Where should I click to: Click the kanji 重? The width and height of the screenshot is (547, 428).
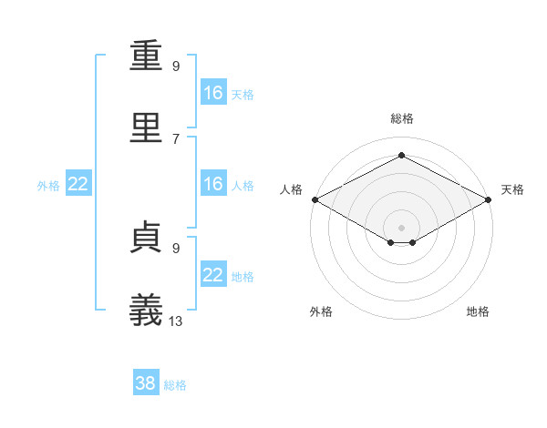(x=149, y=56)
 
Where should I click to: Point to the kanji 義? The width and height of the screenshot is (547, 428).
(x=149, y=308)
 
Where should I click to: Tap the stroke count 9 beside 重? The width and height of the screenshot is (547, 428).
(x=176, y=66)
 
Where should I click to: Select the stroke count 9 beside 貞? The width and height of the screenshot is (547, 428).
(x=176, y=247)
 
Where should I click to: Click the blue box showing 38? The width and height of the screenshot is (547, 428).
(x=146, y=383)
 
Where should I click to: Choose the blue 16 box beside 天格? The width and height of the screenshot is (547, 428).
(x=212, y=93)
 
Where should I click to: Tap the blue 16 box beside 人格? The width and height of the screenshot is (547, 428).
(x=212, y=184)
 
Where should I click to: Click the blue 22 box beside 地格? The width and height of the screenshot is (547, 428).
(x=212, y=275)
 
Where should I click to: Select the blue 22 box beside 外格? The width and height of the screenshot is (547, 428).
(x=78, y=184)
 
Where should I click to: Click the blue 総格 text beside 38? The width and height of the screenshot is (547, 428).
(x=175, y=385)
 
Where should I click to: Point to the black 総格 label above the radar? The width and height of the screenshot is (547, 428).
(x=402, y=118)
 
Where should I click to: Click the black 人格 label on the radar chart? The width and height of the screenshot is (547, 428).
(x=292, y=189)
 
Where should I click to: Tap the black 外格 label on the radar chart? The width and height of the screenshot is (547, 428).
(x=321, y=311)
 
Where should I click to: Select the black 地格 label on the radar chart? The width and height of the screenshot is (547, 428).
(x=478, y=311)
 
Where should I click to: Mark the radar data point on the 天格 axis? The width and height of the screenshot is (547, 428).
(x=490, y=199)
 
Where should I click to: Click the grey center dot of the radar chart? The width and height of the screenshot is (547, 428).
(x=402, y=227)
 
